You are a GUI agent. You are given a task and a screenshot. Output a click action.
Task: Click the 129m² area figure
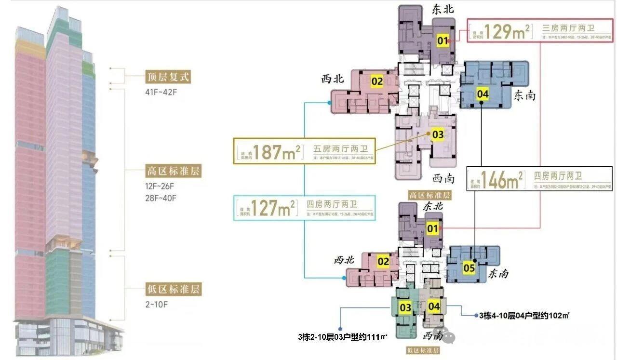click(508, 32)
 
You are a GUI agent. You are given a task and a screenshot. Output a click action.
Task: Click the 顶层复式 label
click(168, 77)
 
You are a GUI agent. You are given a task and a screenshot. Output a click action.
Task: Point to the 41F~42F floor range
click(161, 92)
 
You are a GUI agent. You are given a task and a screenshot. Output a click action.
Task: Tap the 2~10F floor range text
click(158, 304)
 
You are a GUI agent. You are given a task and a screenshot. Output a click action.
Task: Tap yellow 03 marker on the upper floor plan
click(438, 135)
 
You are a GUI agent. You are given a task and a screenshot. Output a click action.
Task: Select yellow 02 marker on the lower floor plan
click(383, 262)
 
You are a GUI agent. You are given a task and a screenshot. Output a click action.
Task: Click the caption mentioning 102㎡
click(524, 315)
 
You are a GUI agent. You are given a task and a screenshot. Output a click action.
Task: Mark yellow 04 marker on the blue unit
click(483, 94)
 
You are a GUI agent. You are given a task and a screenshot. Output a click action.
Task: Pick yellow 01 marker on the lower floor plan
click(432, 228)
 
